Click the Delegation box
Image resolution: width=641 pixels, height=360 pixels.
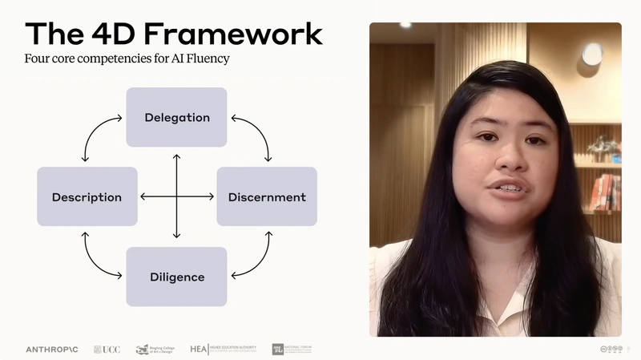point(176,117)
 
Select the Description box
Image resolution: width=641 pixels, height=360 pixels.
point(87,196)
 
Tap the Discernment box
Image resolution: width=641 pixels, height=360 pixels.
point(267,196)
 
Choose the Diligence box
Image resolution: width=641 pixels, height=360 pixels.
point(176,277)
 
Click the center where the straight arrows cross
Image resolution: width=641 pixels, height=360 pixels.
point(176,196)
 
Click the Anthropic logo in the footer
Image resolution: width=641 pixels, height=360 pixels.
point(52,350)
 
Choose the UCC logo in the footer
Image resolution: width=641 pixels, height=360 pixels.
point(107,350)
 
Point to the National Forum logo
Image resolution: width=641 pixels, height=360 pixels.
point(296,350)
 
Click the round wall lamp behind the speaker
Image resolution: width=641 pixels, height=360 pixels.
point(592,55)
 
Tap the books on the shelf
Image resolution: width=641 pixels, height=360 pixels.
point(605,192)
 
